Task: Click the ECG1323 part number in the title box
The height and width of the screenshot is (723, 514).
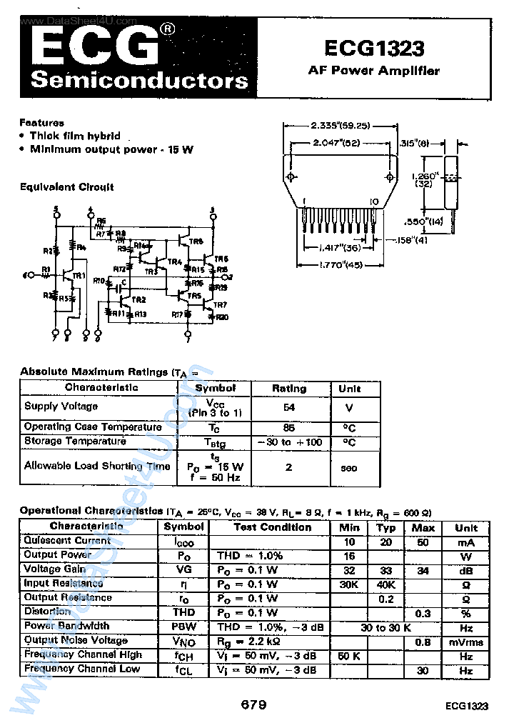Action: pos(373,48)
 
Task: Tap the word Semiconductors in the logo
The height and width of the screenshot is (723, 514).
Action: pos(139,80)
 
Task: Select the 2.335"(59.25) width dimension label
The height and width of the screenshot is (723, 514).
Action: pos(340,125)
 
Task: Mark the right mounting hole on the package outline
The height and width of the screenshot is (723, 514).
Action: pos(389,176)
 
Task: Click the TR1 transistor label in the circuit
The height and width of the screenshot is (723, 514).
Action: pos(79,276)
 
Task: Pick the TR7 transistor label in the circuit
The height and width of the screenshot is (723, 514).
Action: pos(221,305)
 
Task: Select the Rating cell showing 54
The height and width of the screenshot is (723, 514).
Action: pos(289,407)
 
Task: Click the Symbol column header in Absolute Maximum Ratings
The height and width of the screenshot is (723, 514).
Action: pos(215,387)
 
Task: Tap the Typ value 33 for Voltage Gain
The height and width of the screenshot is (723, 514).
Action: pos(385,570)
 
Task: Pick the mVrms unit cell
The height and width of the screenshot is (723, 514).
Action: pos(466,642)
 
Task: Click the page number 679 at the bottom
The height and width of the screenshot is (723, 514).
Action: pos(253,704)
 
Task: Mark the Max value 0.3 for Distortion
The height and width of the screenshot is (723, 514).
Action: pos(423,613)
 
